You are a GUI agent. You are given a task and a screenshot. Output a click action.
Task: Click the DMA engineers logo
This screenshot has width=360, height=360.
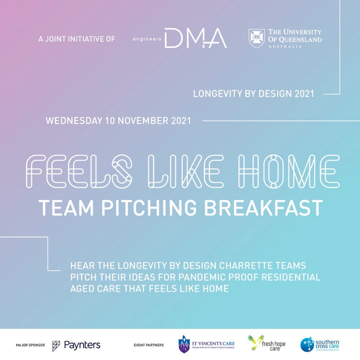180,38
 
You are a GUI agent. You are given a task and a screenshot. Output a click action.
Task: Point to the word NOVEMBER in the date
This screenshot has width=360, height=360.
139,121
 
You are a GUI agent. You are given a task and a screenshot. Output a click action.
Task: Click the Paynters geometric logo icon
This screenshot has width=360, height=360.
56,345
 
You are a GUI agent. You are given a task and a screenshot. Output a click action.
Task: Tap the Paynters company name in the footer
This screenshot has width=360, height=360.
82,345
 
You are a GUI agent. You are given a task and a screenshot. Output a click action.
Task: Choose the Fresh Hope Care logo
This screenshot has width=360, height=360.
267,344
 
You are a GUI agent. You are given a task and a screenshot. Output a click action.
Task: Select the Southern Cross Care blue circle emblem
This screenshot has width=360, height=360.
307,345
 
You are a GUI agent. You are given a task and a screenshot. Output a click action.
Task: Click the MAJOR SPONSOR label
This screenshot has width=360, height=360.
30,345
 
